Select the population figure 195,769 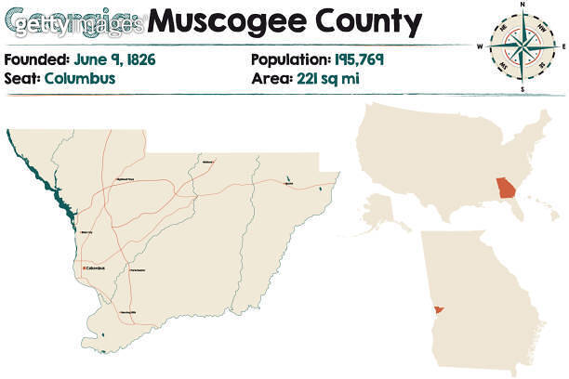[x=356, y=60]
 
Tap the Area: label [x=270, y=78]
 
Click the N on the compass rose [x=523, y=6]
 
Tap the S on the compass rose [x=523, y=89]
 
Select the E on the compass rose [x=563, y=46]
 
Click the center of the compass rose [x=523, y=46]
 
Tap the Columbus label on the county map [x=96, y=268]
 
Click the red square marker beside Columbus [x=85, y=268]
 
